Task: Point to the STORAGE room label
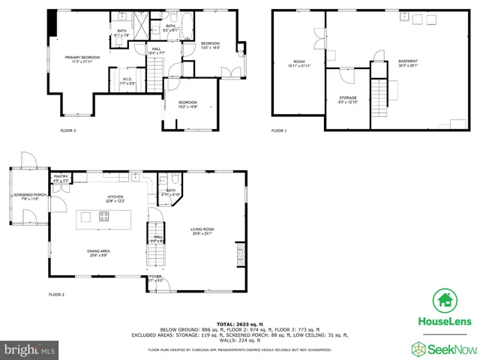pos(348,99)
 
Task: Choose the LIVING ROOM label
pos(202,231)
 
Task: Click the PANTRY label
pos(61,178)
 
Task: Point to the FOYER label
pos(155,278)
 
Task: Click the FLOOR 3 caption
pos(68,130)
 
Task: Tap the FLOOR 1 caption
pos(279,130)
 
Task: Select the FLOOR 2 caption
pos(57,295)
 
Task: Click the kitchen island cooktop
pos(104,217)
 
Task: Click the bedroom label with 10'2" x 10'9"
pos(187,104)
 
